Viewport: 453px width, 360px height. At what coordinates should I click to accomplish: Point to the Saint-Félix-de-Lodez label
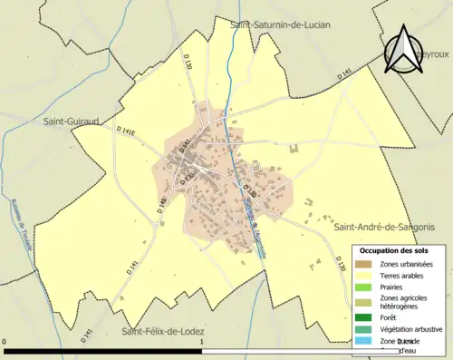click(165, 331)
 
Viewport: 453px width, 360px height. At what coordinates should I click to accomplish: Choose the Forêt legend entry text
click(390, 317)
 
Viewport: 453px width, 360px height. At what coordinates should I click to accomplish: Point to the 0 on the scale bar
click(6, 341)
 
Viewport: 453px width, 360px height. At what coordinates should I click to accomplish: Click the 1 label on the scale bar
click(201, 341)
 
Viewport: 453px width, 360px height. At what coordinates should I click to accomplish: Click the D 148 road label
click(162, 206)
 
